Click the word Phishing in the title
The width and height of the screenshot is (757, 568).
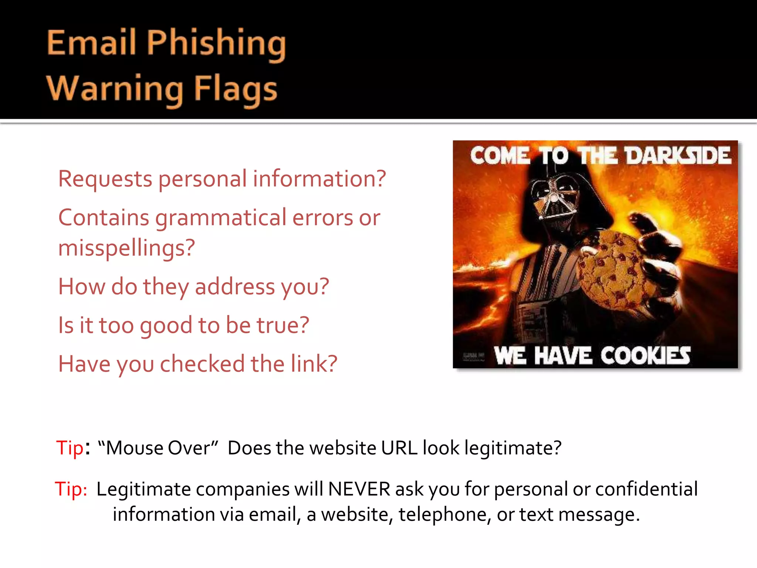pos(216,43)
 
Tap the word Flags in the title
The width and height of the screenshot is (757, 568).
pos(235,89)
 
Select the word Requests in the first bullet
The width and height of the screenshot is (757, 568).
pos(105,179)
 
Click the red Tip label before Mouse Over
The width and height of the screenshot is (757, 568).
pos(69,448)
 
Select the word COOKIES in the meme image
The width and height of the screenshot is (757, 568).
pos(645,356)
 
